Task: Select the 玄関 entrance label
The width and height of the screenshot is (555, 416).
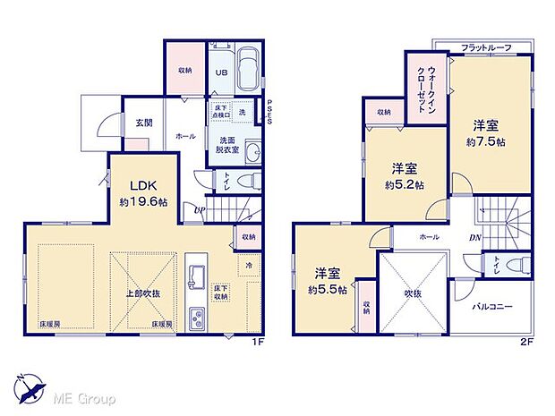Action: pyautogui.click(x=144, y=123)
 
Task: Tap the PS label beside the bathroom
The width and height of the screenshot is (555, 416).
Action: pyautogui.click(x=269, y=112)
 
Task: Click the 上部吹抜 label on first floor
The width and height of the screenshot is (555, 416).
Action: pyautogui.click(x=143, y=293)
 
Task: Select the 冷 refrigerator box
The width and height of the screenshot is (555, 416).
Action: pyautogui.click(x=246, y=264)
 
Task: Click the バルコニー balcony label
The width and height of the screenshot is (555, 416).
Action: pyautogui.click(x=491, y=307)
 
